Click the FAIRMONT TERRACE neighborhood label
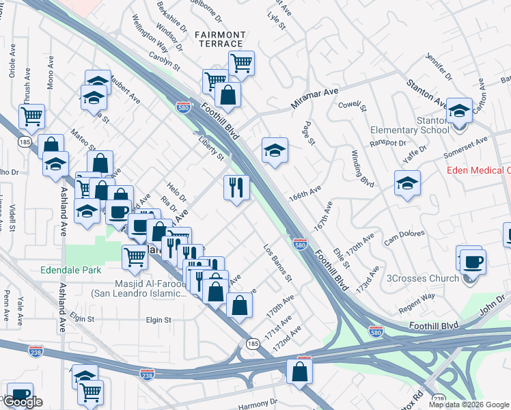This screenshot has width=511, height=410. pyautogui.click(x=219, y=39)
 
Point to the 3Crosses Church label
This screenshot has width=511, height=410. pyautogui.click(x=423, y=278)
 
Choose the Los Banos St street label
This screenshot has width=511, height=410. pyautogui.click(x=278, y=264)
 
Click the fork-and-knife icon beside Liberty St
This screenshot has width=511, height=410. pyautogui.click(x=236, y=188)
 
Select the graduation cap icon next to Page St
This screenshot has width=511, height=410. pyautogui.click(x=275, y=150)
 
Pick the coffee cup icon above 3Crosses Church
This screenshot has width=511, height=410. pyautogui.click(x=472, y=261)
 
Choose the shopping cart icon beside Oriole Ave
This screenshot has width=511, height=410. pyautogui.click(x=31, y=115)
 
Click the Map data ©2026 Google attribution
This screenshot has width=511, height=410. pyautogui.click(x=469, y=405)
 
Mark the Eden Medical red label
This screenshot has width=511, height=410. pyautogui.click(x=479, y=170)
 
